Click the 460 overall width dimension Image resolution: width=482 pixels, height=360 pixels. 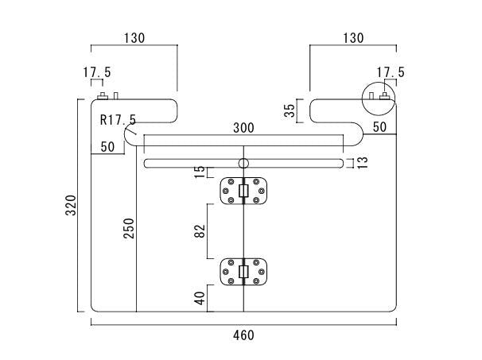pyautogui.click(x=243, y=335)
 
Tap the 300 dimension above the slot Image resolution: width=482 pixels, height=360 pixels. pyautogui.click(x=243, y=128)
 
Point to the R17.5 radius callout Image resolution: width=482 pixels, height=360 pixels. pyautogui.click(x=118, y=120)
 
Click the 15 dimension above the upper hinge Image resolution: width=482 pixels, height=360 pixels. pyautogui.click(x=200, y=172)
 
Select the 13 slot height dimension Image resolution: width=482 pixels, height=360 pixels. pyautogui.click(x=362, y=163)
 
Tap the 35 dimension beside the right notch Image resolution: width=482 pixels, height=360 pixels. pyautogui.click(x=289, y=110)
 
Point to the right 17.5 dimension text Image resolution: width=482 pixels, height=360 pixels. pyautogui.click(x=391, y=72)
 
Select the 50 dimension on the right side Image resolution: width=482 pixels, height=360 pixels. pyautogui.click(x=379, y=127)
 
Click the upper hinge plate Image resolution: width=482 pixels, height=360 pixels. pyautogui.click(x=243, y=191)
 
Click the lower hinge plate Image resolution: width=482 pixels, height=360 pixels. pyautogui.click(x=243, y=272)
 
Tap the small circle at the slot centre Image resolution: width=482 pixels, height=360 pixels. pyautogui.click(x=243, y=163)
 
